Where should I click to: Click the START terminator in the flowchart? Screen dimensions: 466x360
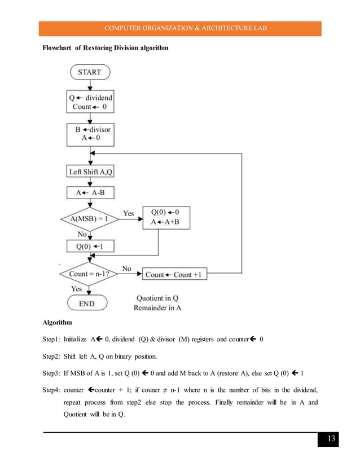point(90,72)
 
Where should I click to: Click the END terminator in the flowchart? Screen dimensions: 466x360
point(87,304)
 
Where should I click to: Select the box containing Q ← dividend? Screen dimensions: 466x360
point(91,102)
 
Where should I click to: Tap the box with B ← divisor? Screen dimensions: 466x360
point(90,133)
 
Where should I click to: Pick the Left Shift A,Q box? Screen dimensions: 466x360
point(91,172)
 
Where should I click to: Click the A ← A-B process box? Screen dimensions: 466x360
point(90,193)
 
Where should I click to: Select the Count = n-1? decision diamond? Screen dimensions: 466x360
point(90,275)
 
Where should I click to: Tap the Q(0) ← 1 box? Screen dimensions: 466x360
point(90,246)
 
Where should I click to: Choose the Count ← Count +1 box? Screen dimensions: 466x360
point(175,275)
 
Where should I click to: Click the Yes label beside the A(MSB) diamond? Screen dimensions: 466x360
point(129,214)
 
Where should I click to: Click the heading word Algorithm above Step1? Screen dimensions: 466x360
point(58,323)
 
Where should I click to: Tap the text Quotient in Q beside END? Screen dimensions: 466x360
point(157,298)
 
